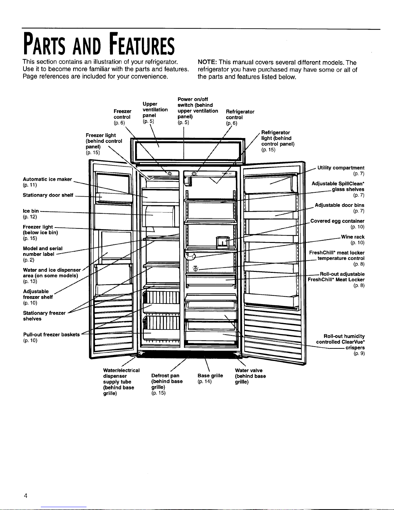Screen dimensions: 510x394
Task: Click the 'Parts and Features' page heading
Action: (98, 45)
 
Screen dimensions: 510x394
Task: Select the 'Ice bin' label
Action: (31, 211)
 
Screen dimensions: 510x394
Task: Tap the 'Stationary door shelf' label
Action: (48, 195)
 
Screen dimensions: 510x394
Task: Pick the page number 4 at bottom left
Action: (25, 496)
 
